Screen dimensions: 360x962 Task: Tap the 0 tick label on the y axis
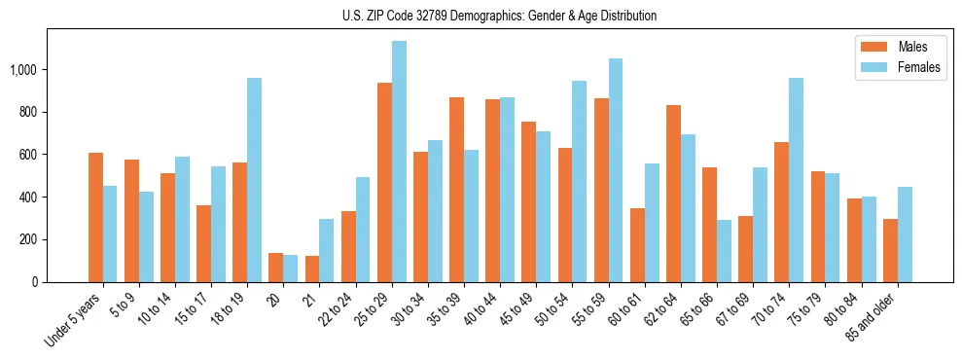pyautogui.click(x=35, y=282)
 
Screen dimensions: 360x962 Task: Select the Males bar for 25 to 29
pyautogui.click(x=384, y=183)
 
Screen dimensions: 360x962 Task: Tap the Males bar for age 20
pyautogui.click(x=276, y=268)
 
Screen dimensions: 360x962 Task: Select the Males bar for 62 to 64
pyautogui.click(x=673, y=194)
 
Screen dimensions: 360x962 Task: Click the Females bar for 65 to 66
pyautogui.click(x=725, y=251)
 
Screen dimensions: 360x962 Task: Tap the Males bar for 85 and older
pyautogui.click(x=890, y=251)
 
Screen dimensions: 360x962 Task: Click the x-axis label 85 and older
pyautogui.click(x=875, y=316)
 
